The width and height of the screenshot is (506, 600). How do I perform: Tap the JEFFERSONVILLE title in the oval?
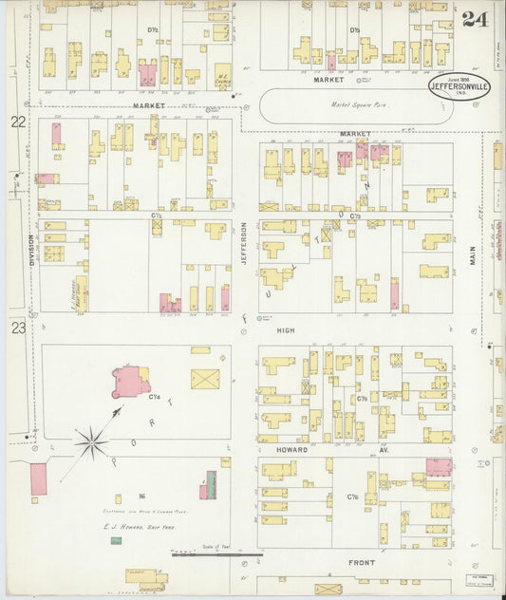click(x=459, y=85)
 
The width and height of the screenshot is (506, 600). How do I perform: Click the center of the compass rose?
click(x=92, y=439)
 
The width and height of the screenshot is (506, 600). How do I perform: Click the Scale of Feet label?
click(x=216, y=546)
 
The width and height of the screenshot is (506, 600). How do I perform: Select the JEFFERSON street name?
click(x=244, y=243)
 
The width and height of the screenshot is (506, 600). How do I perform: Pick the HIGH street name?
click(x=285, y=330)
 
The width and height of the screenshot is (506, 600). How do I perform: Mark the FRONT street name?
click(x=362, y=563)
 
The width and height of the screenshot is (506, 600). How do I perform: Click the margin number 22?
click(x=18, y=122)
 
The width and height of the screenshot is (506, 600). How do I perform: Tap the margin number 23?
click(x=18, y=328)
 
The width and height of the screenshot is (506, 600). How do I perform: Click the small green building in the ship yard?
click(x=116, y=540)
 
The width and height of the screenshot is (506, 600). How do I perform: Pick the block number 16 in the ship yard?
click(x=141, y=496)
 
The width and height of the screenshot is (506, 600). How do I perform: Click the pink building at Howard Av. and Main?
click(x=439, y=466)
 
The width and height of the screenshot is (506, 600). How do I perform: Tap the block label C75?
click(x=363, y=400)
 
